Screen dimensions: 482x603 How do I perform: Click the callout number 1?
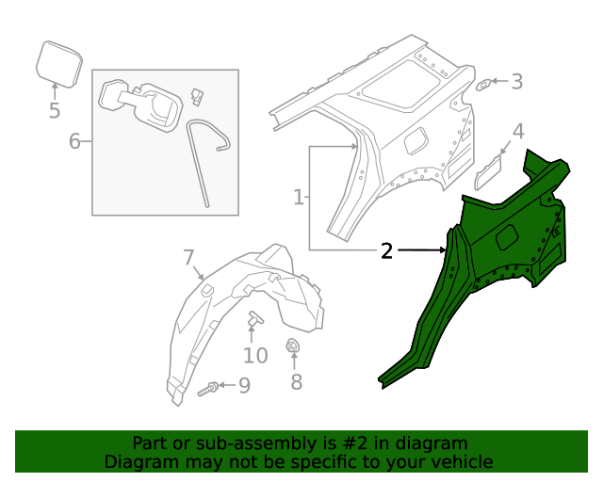299,198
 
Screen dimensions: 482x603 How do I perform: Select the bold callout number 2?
386,250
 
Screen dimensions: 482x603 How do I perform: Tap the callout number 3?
516,82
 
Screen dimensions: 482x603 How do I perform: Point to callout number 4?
517,131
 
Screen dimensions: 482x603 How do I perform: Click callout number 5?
55,111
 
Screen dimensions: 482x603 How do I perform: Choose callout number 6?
74,142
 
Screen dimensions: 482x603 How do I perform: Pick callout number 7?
187,257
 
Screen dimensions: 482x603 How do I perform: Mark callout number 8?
296,381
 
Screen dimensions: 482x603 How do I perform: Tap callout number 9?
244,385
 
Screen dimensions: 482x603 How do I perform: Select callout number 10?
255,355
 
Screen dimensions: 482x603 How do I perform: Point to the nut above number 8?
293,345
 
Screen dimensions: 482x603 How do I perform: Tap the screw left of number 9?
211,387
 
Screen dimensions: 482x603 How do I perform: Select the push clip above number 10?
255,320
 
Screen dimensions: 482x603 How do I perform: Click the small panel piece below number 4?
490,171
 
